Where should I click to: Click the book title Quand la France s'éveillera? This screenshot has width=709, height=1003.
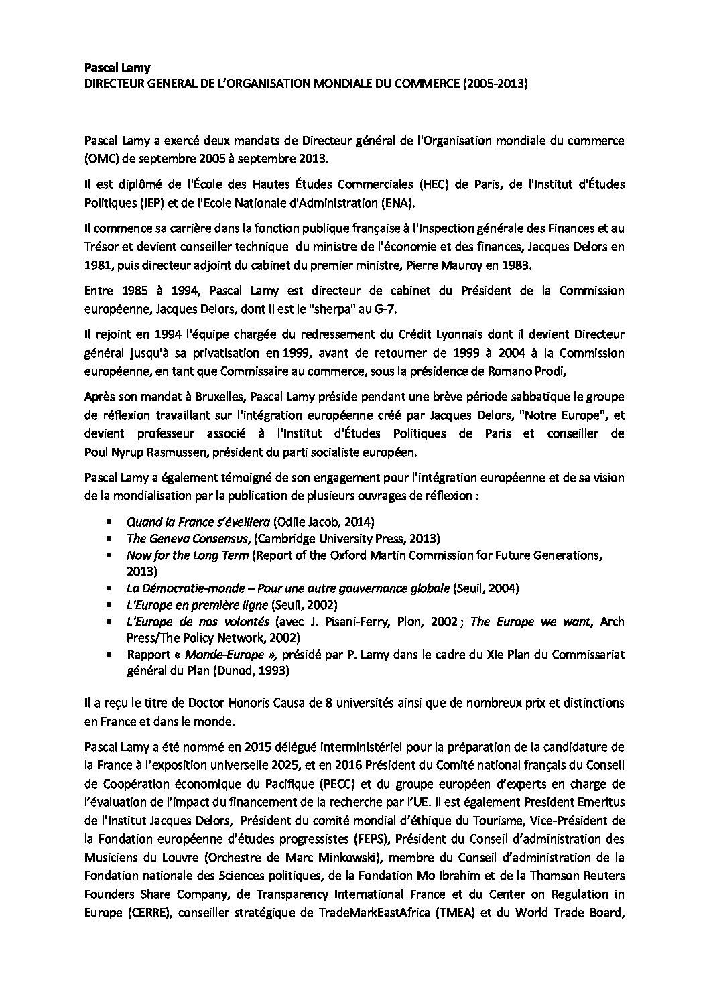(x=198, y=521)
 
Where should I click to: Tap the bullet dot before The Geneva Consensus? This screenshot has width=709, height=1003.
(x=109, y=539)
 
